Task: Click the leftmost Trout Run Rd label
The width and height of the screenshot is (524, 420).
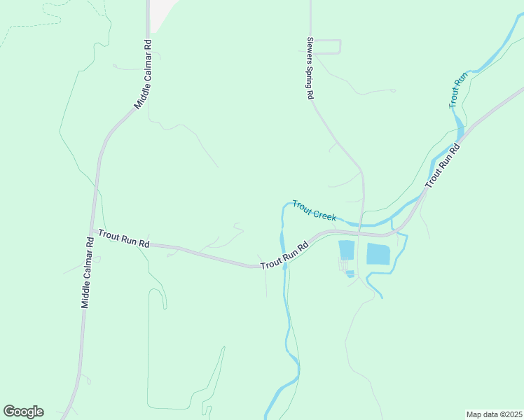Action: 124,239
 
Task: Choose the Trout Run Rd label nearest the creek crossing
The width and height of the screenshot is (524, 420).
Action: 285,257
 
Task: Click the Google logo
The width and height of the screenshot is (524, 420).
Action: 23,412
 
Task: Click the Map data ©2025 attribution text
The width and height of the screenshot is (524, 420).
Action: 494,414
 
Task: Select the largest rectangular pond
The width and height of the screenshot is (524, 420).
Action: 379,254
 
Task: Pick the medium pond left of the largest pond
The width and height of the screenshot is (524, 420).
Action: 347,250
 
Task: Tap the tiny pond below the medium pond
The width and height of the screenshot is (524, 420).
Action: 350,273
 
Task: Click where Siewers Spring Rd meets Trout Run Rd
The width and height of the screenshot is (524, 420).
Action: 359,232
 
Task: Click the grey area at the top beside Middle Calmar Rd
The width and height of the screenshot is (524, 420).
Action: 160,13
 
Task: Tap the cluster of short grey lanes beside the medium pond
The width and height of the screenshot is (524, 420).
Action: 343,266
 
